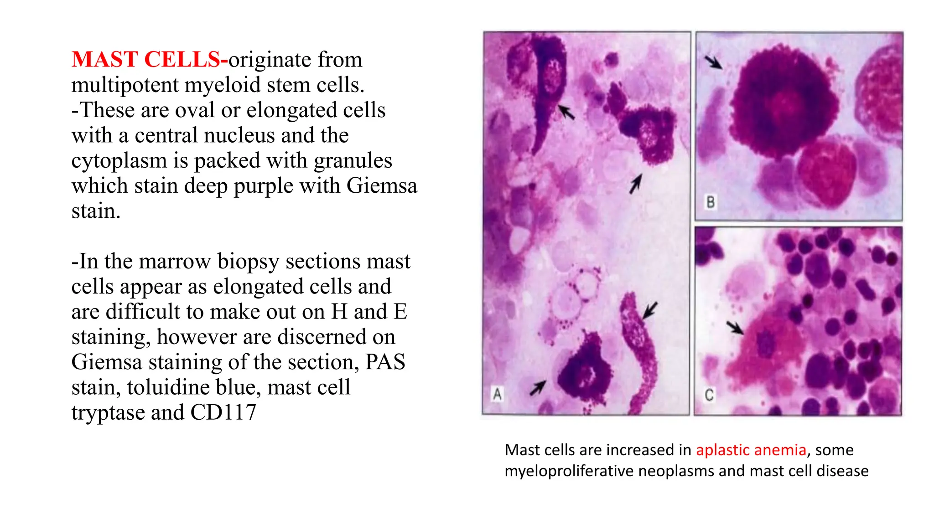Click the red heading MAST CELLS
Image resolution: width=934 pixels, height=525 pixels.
coord(146,60)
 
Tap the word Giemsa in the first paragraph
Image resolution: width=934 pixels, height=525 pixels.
coord(382,186)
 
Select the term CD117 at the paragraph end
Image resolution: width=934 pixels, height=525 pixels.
coord(223,412)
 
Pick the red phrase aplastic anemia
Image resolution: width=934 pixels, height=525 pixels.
coord(751,450)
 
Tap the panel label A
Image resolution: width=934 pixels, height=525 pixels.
coord(497,394)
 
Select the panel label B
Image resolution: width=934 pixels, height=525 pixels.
coord(711,202)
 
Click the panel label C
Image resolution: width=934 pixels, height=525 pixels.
coord(709,395)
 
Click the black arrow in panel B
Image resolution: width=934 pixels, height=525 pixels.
coord(713,62)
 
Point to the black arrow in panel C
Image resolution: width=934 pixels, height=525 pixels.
coord(735,327)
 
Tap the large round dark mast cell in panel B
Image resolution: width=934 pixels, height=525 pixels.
coord(785,103)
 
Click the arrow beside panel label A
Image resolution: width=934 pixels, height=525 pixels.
coord(537,388)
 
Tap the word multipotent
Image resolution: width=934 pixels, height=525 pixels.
coord(125,85)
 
